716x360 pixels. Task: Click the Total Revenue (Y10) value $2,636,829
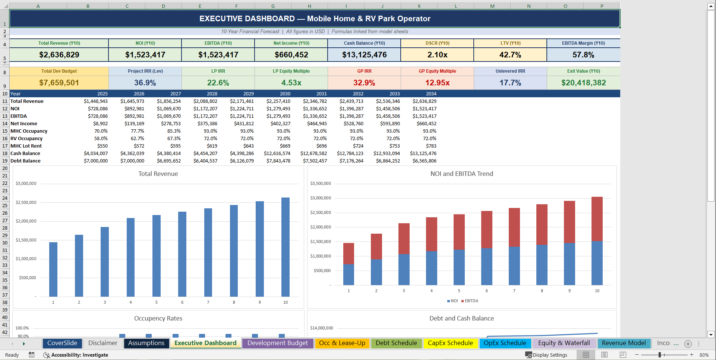59,55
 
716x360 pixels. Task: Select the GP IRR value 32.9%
364,83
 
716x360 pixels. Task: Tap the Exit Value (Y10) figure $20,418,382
583,83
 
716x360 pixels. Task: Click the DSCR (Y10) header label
437,43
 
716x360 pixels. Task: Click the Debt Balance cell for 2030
278,161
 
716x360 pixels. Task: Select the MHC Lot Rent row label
26,146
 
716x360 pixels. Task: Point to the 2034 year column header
431,94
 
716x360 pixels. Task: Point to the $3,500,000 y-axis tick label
320,184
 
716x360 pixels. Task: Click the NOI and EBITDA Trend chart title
461,174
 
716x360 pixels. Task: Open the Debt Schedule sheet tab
396,343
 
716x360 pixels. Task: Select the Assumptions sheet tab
146,343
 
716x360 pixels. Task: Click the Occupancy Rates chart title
158,319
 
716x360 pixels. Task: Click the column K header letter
419,6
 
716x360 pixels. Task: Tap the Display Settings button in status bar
546,355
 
